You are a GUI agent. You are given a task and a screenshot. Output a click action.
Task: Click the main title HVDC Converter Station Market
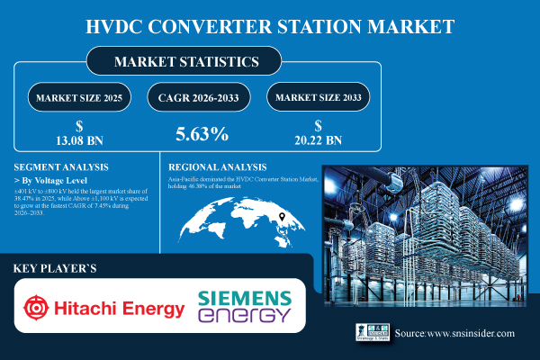pyautogui.click(x=270, y=23)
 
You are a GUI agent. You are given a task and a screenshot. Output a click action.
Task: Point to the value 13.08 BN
pyautogui.click(x=79, y=140)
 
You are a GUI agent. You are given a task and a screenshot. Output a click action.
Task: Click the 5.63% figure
pyautogui.click(x=201, y=134)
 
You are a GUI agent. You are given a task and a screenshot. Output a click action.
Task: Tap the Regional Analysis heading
pyautogui.click(x=218, y=167)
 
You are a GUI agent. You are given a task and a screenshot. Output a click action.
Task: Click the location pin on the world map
pyautogui.click(x=281, y=217)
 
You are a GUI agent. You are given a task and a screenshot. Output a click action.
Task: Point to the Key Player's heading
pyautogui.click(x=57, y=269)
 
